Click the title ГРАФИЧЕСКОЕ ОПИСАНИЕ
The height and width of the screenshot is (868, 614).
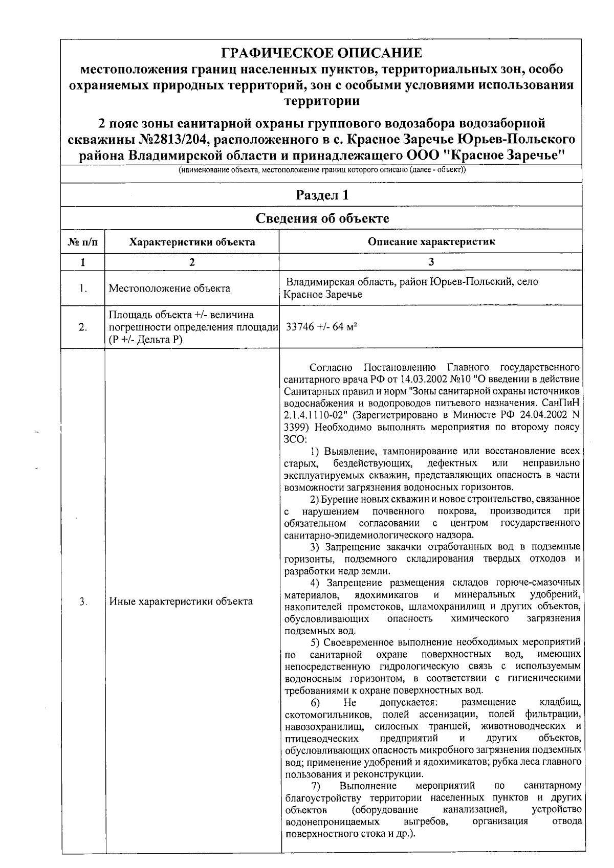pos(321,53)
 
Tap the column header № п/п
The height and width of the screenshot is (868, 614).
pos(83,241)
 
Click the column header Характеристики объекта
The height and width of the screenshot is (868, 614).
pos(192,241)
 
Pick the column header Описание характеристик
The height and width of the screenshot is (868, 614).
pos(431,241)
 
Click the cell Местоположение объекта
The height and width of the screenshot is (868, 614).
pos(169,288)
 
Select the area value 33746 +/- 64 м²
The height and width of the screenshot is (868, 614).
pos(321,327)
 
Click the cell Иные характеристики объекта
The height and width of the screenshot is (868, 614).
pos(181,602)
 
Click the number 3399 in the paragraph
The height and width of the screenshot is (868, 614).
pos(295,427)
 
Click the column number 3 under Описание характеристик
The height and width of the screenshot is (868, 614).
pos(431,262)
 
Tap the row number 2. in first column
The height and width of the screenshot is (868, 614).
pos(83,327)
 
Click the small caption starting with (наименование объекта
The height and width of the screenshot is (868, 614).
pos(321,171)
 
